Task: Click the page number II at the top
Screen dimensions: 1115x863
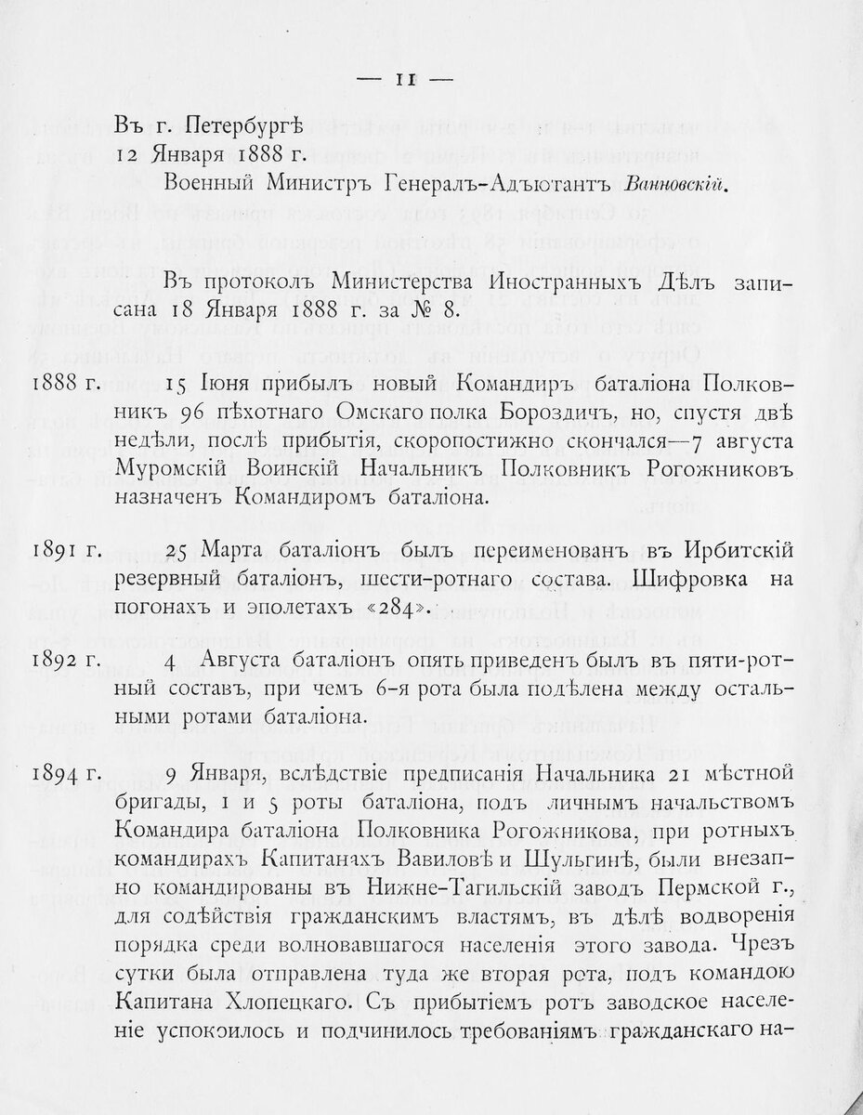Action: [x=405, y=81]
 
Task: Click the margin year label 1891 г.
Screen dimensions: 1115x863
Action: [x=65, y=552]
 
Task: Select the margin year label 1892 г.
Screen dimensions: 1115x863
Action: [x=65, y=665]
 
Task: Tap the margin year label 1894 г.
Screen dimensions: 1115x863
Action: [x=65, y=775]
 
